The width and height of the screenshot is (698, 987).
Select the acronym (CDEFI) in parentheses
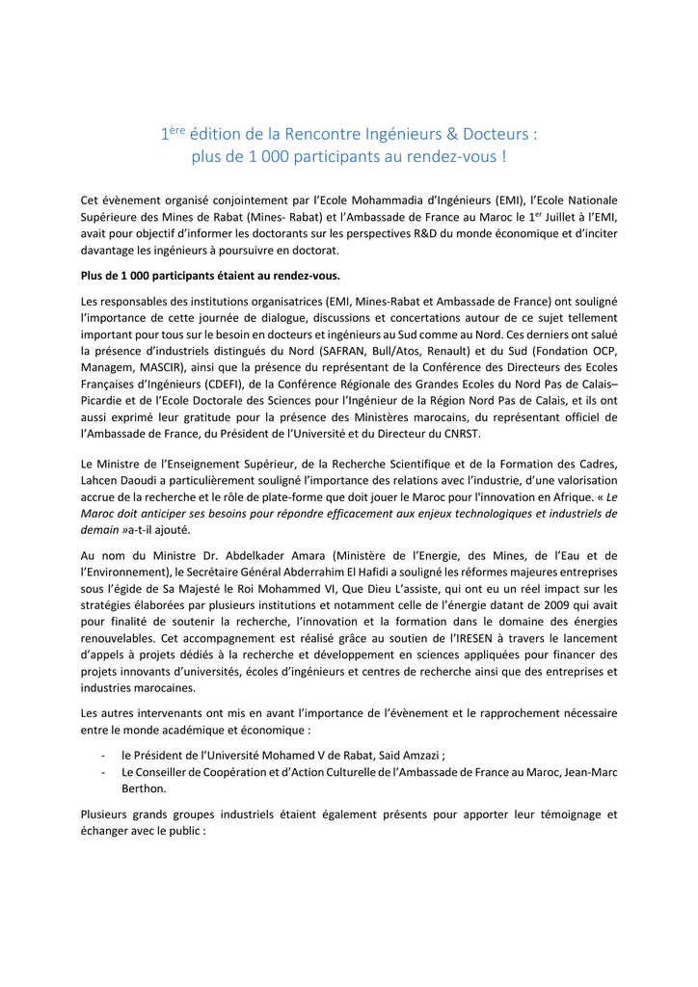point(248,384)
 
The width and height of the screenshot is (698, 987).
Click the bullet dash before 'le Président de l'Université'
point(103,756)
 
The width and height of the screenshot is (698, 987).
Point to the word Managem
point(107,367)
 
